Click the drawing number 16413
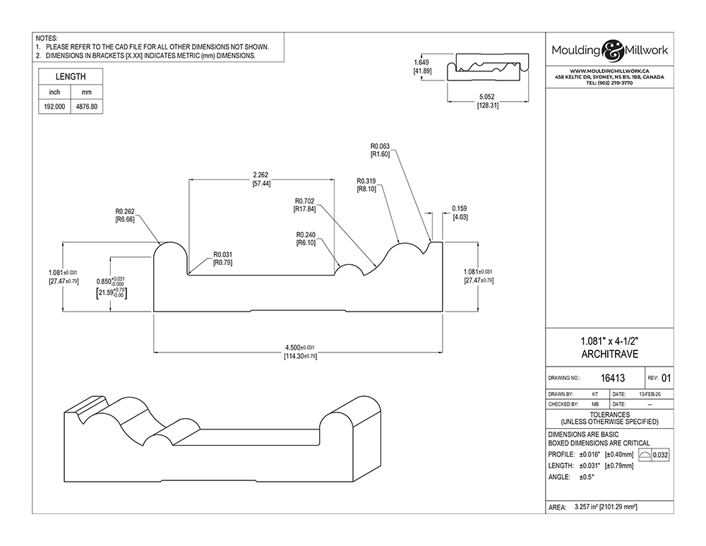click(613, 379)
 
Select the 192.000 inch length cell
click(54, 107)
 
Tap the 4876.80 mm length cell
click(86, 107)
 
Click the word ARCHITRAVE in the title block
click(610, 354)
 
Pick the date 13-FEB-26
click(650, 394)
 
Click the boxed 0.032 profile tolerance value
click(660, 455)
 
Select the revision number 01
click(666, 379)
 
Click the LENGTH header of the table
click(71, 76)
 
